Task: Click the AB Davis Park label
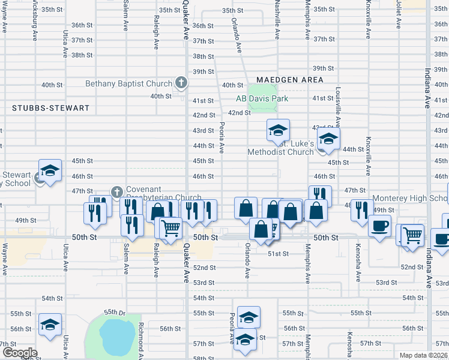coord(262,98)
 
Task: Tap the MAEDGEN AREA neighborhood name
coord(290,80)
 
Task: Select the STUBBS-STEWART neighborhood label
coord(50,109)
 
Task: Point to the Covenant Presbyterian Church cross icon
coord(117,192)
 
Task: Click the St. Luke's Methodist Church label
coord(281,148)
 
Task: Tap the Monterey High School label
coord(411,199)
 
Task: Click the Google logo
coord(20,353)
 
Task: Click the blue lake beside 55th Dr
coord(114,335)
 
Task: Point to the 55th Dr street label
coord(113,313)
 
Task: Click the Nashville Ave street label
coord(278,18)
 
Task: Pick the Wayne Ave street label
coord(5,259)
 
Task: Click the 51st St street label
coord(279,254)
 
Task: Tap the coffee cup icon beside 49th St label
coord(379,227)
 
